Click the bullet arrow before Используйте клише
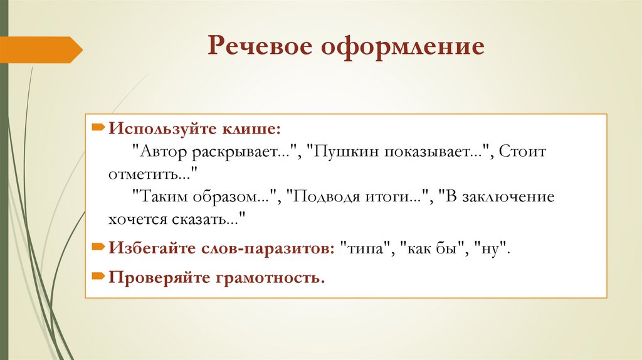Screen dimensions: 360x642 click(99, 128)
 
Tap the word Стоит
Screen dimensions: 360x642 click(527, 152)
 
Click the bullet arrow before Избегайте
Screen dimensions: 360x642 click(99, 247)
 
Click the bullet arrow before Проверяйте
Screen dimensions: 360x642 click(99, 275)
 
